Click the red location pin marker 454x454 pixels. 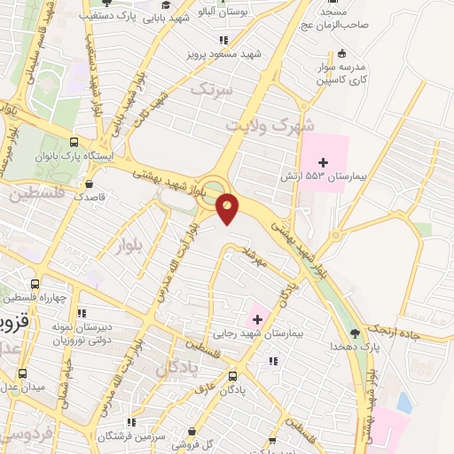tap(228, 207)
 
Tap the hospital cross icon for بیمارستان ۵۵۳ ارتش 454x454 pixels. tap(323, 162)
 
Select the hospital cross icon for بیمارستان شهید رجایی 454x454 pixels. tap(256, 319)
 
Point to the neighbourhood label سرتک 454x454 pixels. tap(215, 90)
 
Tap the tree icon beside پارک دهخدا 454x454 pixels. tap(356, 333)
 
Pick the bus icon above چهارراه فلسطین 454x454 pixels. tap(35, 285)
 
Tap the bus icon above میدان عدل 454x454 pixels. tap(21, 373)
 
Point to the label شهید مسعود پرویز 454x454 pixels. tap(225, 53)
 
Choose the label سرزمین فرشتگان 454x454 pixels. tap(117, 436)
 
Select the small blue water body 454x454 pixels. tap(404, 403)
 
